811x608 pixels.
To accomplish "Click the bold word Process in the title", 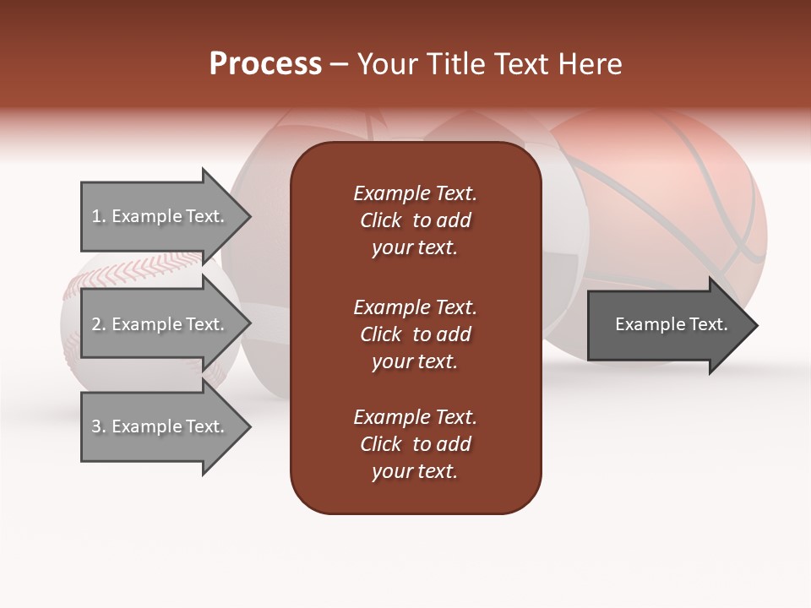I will (265, 63).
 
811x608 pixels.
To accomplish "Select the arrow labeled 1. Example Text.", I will (161, 217).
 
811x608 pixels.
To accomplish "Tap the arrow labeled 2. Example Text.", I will (161, 324).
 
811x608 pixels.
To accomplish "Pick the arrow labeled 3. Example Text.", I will (161, 426).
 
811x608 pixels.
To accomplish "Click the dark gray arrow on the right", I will (667, 325).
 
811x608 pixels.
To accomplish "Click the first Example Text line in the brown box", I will (415, 193).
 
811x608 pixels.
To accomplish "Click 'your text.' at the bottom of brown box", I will (415, 471).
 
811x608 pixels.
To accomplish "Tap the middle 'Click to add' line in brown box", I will (415, 334).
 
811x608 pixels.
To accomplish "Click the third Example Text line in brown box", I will (415, 417).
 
